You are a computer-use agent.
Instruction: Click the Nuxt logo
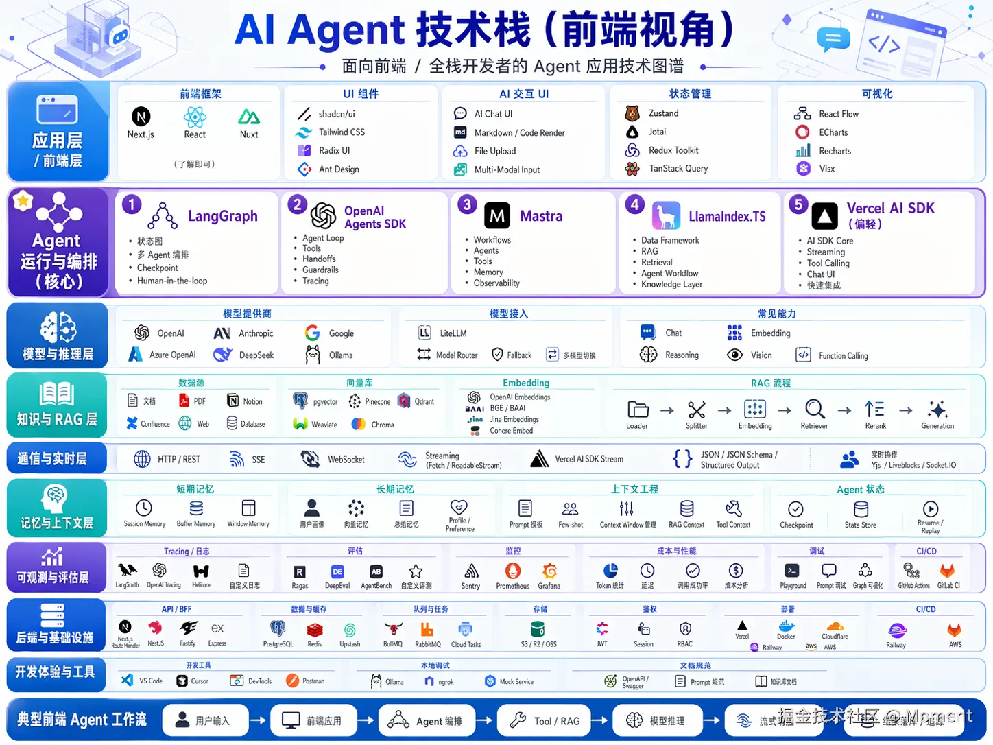pos(249,117)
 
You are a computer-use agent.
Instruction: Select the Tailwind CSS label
pos(342,132)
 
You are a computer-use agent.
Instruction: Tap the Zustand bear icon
pos(632,113)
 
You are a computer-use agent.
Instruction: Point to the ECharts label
pos(833,132)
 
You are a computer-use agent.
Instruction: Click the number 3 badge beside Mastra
pos(467,204)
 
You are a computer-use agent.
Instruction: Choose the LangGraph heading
pos(223,216)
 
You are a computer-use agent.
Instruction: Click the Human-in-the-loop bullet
pos(172,281)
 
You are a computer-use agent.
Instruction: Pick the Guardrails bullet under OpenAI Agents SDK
pos(320,270)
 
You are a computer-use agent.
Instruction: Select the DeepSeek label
pos(256,355)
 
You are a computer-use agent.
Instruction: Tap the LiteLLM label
pos(453,333)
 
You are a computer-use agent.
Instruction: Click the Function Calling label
pos(843,356)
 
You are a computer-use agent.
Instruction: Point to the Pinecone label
pos(378,402)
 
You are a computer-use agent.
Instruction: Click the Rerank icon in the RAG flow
pos(874,410)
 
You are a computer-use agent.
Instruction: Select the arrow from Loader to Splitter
pos(667,410)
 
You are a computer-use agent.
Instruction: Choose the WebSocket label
pos(346,460)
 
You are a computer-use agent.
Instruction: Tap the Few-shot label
pos(571,525)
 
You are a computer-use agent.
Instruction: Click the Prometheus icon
pos(513,571)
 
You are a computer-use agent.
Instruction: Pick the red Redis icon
pos(315,629)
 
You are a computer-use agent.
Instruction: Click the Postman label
pos(313,681)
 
